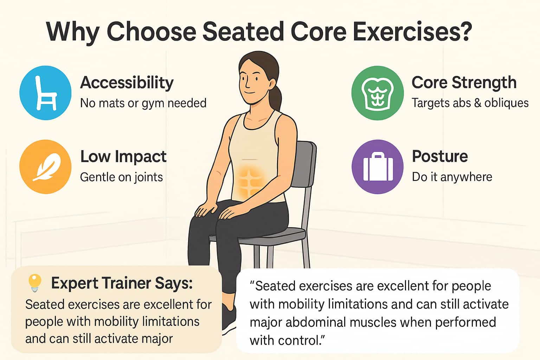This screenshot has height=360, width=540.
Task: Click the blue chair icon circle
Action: [45, 93]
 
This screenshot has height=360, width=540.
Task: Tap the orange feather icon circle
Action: [45, 167]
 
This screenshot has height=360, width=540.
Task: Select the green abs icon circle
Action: [377, 93]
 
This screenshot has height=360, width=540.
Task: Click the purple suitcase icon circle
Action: [377, 167]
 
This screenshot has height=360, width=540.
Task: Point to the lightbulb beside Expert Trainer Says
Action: [35, 282]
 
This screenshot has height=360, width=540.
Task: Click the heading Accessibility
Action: [127, 83]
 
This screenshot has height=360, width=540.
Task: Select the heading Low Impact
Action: [123, 156]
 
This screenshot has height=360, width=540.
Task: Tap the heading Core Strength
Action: [464, 83]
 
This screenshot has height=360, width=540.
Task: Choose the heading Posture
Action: [440, 156]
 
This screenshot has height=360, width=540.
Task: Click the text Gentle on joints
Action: [121, 177]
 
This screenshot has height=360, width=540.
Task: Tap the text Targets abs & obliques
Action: [470, 103]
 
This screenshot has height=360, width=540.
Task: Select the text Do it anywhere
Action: [452, 177]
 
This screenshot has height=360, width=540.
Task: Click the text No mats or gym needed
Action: [143, 103]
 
